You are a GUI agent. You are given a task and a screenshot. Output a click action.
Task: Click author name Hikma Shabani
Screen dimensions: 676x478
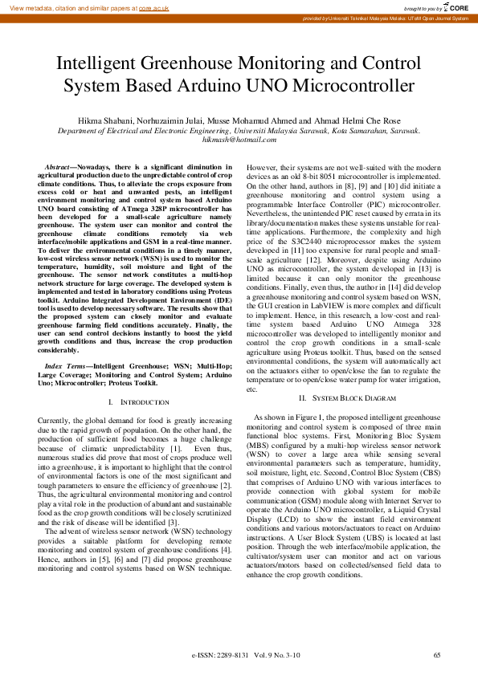103,120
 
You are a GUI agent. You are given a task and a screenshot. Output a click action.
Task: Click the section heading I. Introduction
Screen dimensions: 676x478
138,401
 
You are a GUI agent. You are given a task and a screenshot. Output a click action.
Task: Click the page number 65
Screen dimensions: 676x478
437,655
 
